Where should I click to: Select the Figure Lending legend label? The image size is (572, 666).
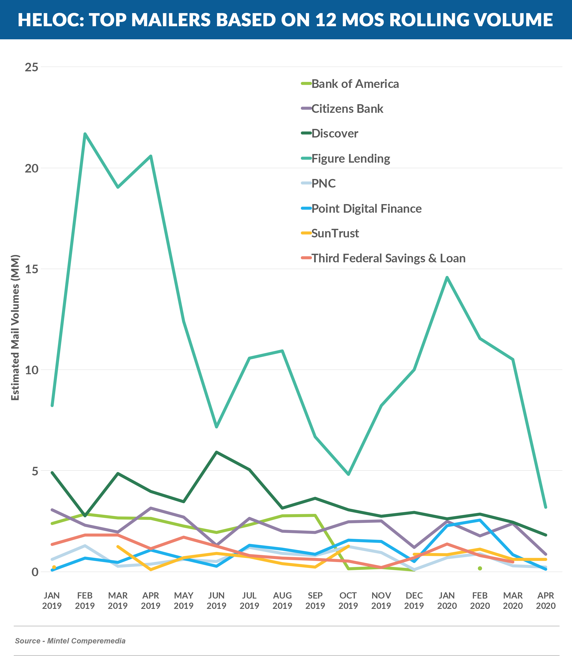tap(351, 159)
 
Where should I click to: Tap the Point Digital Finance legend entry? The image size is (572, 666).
tap(366, 209)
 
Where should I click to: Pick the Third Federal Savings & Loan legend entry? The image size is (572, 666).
tap(388, 258)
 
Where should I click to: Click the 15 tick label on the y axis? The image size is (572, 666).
tap(32, 269)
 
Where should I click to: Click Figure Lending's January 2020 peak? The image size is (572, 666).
tap(447, 277)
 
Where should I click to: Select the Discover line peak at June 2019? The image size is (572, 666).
tap(216, 452)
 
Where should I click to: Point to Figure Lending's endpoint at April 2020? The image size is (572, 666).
tap(545, 507)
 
